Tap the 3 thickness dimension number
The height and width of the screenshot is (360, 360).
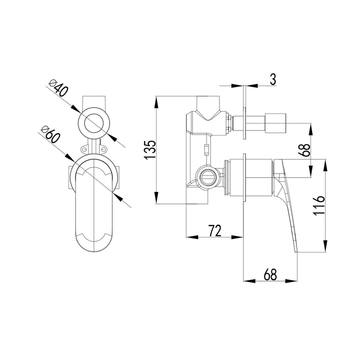272,79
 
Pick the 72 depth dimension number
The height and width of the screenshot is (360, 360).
214,230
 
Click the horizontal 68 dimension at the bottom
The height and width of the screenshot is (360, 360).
270,274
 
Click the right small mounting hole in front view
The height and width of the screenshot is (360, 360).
105,148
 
